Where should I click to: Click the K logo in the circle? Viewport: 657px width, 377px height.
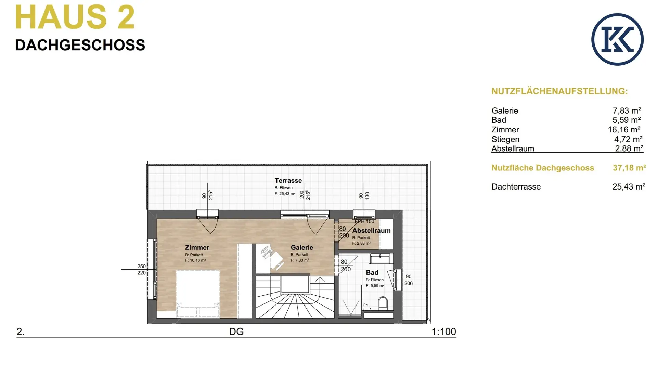(x=617, y=39)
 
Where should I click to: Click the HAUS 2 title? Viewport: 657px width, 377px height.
(x=75, y=17)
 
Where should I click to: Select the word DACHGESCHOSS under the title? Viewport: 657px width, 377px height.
(x=80, y=45)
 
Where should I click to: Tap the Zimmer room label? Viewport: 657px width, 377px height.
(x=197, y=247)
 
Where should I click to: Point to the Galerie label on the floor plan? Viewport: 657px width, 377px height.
(x=302, y=247)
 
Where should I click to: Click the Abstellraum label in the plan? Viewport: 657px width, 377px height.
(x=371, y=231)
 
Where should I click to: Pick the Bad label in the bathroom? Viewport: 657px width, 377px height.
(x=372, y=273)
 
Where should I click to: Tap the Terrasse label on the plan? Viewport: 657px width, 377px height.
(x=288, y=180)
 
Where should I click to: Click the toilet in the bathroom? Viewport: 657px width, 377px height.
(x=383, y=303)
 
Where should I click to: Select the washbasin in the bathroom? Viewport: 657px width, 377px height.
(x=380, y=258)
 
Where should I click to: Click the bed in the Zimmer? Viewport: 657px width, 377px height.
(x=197, y=294)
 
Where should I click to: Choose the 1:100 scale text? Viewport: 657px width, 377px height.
(x=443, y=331)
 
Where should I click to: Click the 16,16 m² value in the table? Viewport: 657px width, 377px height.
(x=624, y=130)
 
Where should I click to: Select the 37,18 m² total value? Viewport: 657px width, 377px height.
(x=629, y=168)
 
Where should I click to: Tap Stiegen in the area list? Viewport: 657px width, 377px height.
(x=505, y=139)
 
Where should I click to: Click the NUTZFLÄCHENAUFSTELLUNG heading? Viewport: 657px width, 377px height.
(x=559, y=91)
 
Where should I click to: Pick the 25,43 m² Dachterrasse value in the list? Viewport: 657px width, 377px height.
(x=629, y=186)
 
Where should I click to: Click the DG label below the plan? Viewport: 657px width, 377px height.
(x=236, y=331)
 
